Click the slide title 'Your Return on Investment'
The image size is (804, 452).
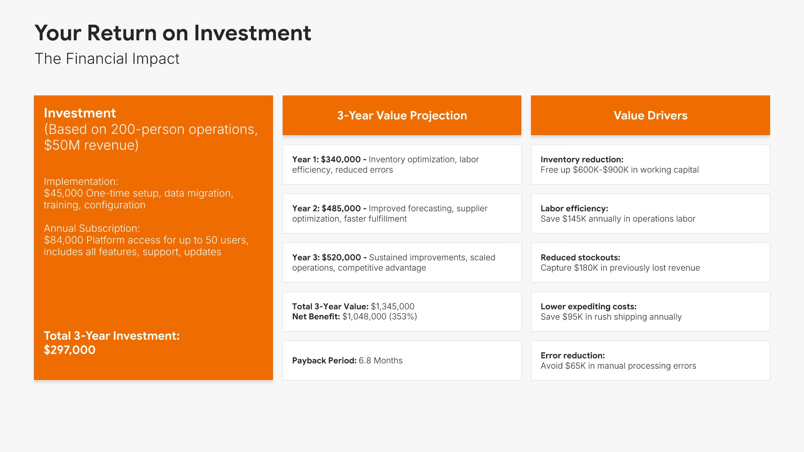point(173,33)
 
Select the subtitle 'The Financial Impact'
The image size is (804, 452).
point(107,59)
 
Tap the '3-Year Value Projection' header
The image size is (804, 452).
point(402,116)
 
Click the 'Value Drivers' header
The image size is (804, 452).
point(650,116)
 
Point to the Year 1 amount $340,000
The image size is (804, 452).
point(341,159)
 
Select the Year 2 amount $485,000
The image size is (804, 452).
point(341,208)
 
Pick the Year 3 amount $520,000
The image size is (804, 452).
point(341,257)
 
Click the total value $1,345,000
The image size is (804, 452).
point(393,306)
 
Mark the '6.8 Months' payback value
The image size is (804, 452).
point(381,361)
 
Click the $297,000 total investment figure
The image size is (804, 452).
point(70,350)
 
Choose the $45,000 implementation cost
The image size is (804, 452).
point(64,193)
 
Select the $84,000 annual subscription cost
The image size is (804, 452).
point(64,240)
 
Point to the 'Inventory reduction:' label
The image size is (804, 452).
point(582,159)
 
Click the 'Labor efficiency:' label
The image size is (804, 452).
point(575,208)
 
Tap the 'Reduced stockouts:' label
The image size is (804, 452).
point(580,257)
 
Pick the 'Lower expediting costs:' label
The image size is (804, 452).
point(589,306)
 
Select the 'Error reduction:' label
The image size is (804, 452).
point(573,355)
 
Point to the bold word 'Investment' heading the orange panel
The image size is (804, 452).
point(80,113)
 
